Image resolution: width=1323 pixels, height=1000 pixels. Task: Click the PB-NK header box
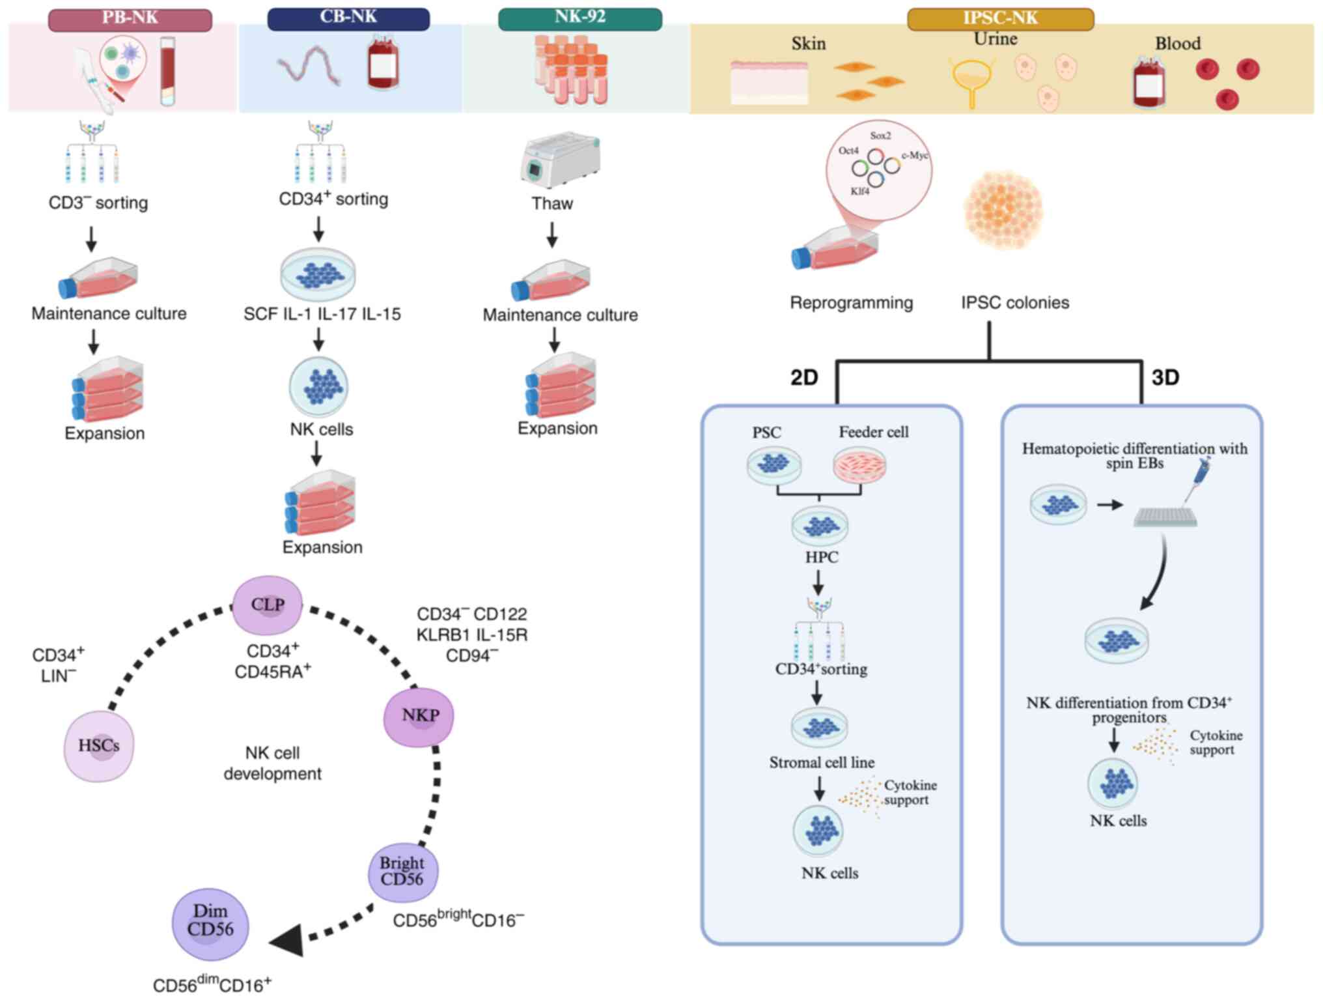click(130, 19)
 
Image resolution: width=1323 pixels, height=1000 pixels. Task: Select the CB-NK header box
click(348, 18)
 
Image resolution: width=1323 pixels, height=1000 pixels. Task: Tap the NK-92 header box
click(579, 18)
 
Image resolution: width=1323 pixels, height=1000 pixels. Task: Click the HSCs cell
click(99, 746)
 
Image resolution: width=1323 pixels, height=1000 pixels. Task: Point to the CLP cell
click(268, 605)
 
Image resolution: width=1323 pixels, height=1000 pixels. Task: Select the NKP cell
click(419, 716)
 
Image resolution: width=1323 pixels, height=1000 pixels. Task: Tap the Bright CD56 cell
click(402, 871)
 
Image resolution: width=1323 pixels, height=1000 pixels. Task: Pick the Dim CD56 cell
click(210, 923)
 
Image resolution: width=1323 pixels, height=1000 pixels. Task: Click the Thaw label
click(552, 204)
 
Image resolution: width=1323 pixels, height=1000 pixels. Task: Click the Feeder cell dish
click(859, 465)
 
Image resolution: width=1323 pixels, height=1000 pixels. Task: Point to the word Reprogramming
click(851, 303)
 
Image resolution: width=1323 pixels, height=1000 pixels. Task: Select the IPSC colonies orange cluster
click(1003, 210)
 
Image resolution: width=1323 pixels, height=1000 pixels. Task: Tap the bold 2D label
click(804, 378)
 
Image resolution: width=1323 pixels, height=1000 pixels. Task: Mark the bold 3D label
click(1165, 378)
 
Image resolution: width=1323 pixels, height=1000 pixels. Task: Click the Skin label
click(809, 44)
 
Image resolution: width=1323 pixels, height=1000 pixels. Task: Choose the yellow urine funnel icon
click(971, 80)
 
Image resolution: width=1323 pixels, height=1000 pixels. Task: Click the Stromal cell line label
click(822, 763)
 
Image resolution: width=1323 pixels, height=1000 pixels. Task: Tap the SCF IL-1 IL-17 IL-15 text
click(322, 315)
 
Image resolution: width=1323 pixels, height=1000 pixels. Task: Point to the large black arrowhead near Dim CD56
click(288, 941)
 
